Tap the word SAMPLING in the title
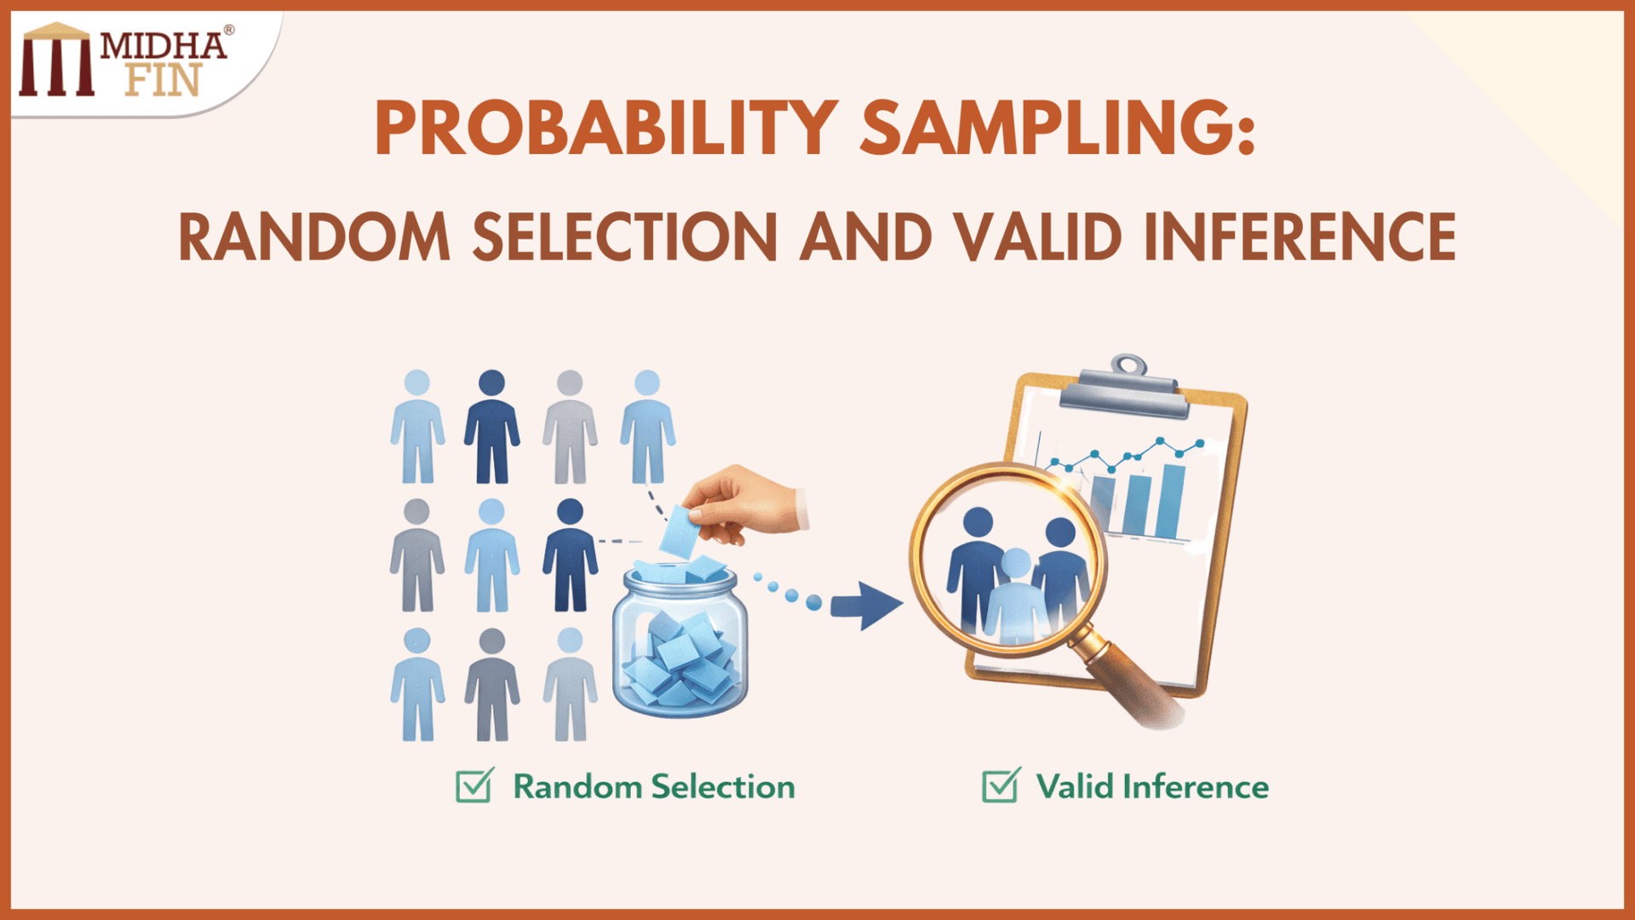pyautogui.click(x=1056, y=128)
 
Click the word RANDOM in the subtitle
pyautogui.click(x=313, y=237)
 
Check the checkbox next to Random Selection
pyautogui.click(x=473, y=786)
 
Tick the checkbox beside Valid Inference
pyautogui.click(x=1000, y=786)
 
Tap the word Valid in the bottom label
pyautogui.click(x=1075, y=786)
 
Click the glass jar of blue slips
pyautogui.click(x=680, y=647)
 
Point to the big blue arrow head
pyautogui.click(x=877, y=606)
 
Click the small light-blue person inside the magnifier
pyautogui.click(x=1015, y=596)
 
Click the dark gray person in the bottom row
pyautogui.click(x=491, y=686)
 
